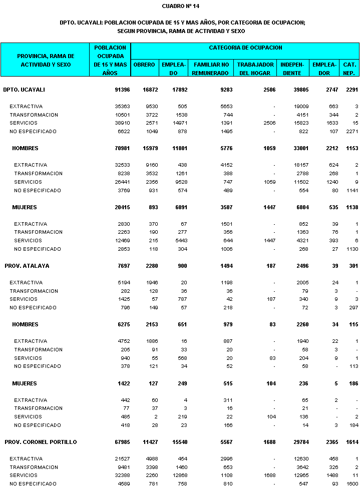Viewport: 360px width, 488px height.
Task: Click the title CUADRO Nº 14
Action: point(181,6)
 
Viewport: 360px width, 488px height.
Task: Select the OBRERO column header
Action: point(144,65)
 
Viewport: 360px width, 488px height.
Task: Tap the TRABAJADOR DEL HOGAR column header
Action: point(255,69)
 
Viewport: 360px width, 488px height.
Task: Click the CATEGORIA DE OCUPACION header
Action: point(245,48)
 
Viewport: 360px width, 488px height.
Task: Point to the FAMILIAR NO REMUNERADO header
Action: point(211,69)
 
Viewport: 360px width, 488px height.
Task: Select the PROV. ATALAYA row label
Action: point(27,266)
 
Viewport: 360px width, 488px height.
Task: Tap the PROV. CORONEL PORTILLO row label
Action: point(41,442)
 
